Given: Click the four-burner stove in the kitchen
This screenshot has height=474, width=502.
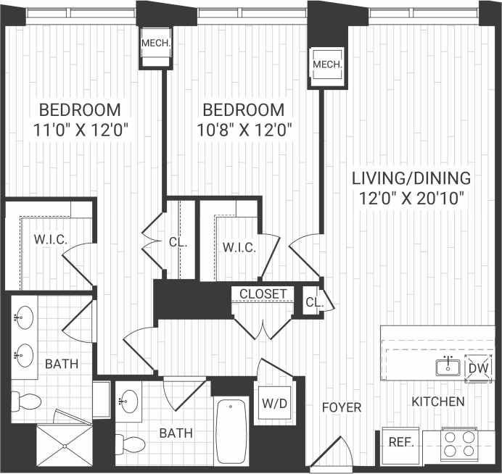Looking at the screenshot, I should pos(458,444).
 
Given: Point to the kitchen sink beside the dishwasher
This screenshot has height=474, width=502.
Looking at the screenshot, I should pos(447,367).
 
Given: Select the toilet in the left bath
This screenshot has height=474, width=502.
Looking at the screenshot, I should pos(26,402).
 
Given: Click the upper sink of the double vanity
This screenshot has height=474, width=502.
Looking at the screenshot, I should pos(24,317).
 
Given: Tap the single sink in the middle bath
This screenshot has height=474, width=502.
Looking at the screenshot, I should pos(130,399).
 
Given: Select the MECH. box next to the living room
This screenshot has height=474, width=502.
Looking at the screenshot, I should pos(326,66).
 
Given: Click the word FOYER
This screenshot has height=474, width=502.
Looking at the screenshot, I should pos(342,407).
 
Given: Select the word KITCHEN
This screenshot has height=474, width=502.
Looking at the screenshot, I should pos(438,401).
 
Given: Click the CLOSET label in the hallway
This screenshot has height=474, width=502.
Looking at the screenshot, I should pos(263,294).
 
